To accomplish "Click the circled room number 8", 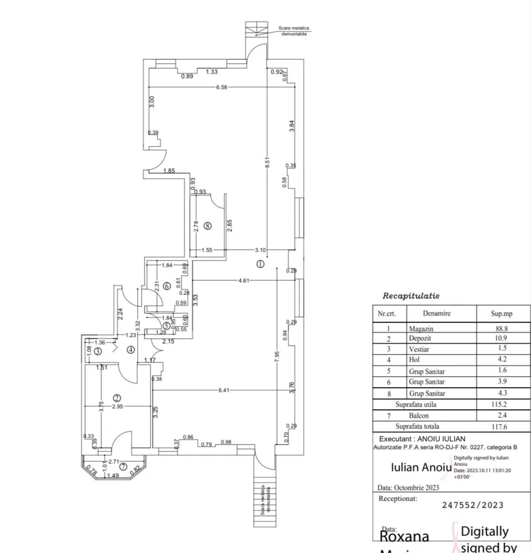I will click(207, 226).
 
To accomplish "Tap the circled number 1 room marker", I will click(261, 264).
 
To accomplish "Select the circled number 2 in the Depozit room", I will click(117, 398).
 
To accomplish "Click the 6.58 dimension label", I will click(222, 87).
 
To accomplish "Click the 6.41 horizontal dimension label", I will click(224, 390).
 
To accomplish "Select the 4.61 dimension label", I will click(243, 281).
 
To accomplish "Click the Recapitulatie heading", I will click(411, 296).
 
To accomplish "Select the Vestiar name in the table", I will click(419, 349).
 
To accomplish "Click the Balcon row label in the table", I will click(419, 415).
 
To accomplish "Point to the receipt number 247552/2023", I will click(473, 504).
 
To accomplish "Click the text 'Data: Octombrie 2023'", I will click(408, 488).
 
